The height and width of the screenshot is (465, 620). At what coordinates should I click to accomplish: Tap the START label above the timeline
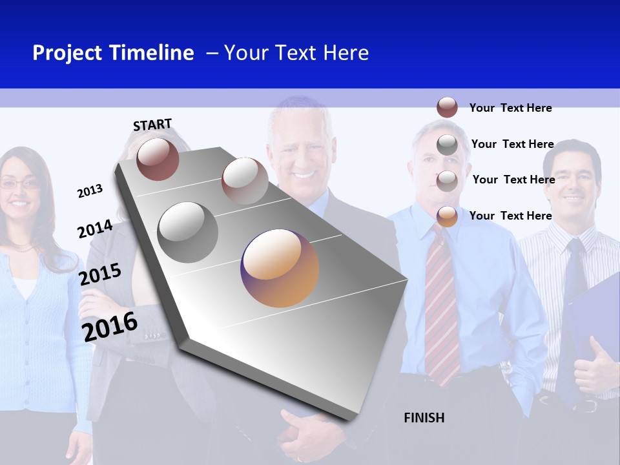pos(152,125)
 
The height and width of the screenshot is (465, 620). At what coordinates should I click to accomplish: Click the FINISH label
pos(424,418)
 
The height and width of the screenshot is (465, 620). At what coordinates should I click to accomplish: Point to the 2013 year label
pos(90,191)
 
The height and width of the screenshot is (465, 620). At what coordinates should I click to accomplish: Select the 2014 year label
pos(95,229)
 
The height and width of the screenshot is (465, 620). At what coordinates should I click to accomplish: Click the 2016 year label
pos(110,327)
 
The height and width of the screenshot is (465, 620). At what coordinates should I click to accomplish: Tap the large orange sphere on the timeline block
pos(280,268)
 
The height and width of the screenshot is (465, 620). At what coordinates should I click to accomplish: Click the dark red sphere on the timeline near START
pos(158,159)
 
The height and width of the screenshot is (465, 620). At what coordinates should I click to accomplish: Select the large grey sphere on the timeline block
pos(187,232)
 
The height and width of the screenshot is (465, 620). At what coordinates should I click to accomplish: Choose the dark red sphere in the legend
pos(447,107)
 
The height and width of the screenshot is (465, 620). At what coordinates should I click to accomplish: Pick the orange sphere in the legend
pos(447,216)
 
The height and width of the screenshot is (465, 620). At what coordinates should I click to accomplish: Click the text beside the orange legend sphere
pos(510,216)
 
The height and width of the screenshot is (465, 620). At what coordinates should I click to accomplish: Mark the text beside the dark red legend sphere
pos(510,108)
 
